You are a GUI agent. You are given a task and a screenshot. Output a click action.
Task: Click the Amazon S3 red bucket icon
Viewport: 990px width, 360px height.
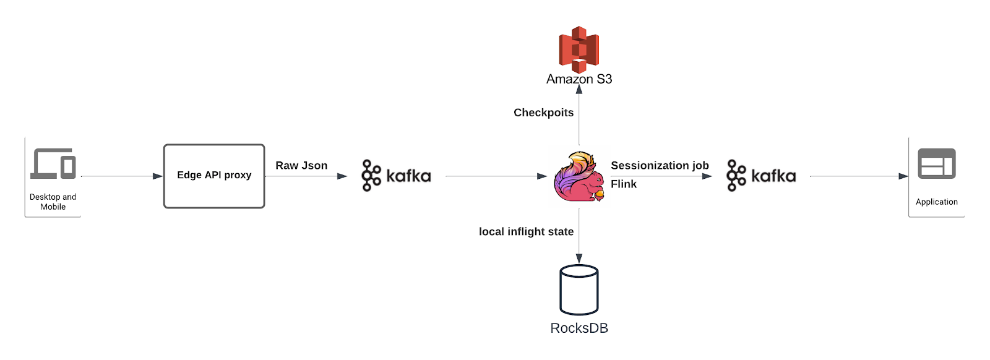tap(579, 49)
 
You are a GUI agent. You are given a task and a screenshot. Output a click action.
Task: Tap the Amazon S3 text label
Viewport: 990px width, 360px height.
tap(579, 79)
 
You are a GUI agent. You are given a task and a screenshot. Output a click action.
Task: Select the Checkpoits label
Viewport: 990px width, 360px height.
tap(543, 113)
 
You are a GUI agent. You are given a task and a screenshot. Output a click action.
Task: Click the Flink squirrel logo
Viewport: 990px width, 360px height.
tap(579, 177)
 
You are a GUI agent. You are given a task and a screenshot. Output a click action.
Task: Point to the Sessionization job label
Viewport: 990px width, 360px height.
tap(660, 165)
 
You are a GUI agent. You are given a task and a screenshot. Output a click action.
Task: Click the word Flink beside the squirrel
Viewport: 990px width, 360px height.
tap(624, 184)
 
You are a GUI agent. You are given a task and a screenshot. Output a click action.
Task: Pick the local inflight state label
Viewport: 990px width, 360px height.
tap(526, 231)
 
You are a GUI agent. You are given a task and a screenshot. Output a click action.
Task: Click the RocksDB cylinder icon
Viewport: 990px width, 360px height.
tap(579, 289)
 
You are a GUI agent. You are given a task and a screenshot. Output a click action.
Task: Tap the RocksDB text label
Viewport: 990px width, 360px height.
tap(579, 328)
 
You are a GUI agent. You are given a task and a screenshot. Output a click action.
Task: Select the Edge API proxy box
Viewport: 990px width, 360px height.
tap(214, 176)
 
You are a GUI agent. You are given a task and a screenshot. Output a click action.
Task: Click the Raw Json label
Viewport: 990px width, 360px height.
tap(301, 165)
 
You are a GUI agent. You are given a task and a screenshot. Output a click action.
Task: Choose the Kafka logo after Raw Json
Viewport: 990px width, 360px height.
tap(396, 176)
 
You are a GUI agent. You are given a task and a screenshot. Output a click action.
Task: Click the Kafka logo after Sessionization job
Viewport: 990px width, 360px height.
tap(761, 176)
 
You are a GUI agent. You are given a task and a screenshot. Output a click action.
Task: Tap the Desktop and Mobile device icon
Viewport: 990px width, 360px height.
tap(53, 164)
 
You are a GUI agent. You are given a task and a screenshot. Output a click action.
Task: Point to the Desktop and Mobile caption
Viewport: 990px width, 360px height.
tap(53, 202)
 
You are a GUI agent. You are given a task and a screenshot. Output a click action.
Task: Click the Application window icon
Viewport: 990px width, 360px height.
tap(936, 164)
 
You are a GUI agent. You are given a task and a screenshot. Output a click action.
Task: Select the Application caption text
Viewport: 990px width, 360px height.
tap(936, 202)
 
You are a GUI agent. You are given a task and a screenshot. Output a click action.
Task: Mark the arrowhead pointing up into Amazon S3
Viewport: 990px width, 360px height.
tap(579, 89)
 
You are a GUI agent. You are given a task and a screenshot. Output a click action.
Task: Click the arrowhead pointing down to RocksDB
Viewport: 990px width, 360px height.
tap(579, 258)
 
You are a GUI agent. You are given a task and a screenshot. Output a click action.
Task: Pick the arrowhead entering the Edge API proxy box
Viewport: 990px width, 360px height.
tap(158, 176)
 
